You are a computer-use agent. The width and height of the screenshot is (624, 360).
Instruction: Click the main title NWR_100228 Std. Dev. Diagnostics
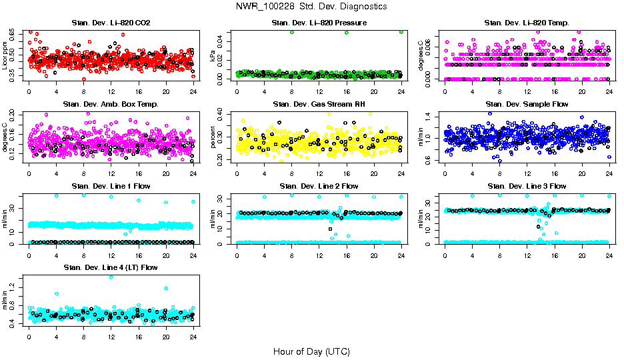point(311,7)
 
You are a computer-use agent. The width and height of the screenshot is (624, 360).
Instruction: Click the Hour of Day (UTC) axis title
point(311,351)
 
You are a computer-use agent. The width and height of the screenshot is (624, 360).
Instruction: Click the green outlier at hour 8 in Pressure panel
point(291,32)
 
